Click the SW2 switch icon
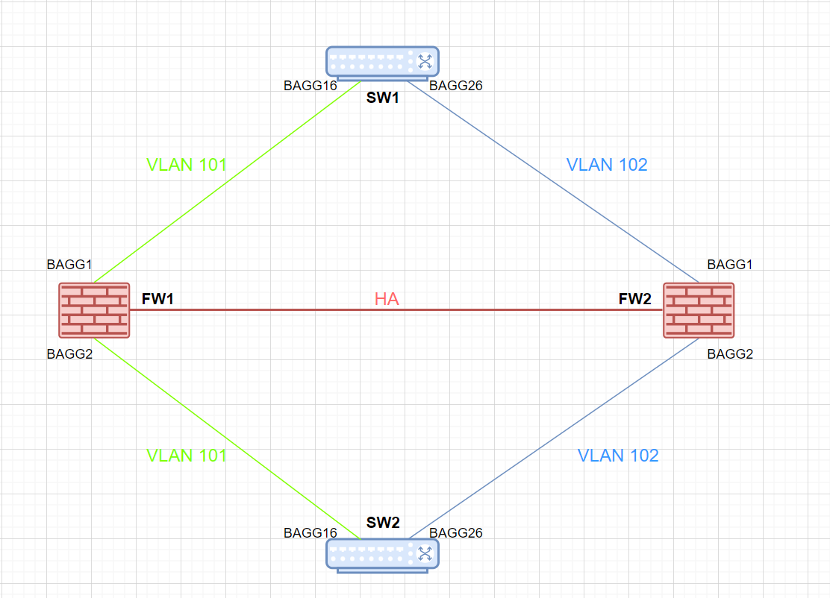[x=382, y=554]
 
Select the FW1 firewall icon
[x=95, y=310]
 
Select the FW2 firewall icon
[x=699, y=310]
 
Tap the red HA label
[x=387, y=300]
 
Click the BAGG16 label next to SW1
[x=311, y=85]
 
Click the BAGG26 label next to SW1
[x=456, y=85]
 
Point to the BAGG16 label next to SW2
[x=311, y=532]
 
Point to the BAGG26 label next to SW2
[x=456, y=532]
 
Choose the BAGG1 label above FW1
[x=69, y=264]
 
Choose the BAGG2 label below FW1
[x=69, y=353]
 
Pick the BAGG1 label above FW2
[x=730, y=264]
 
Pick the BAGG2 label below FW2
[x=730, y=353]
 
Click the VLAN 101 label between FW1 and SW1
[x=187, y=165]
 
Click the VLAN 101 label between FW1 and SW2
[x=187, y=455]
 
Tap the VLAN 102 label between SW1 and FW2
[x=607, y=165]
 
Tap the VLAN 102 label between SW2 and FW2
[x=618, y=455]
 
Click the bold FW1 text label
[x=157, y=299]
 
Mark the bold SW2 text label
[x=383, y=523]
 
